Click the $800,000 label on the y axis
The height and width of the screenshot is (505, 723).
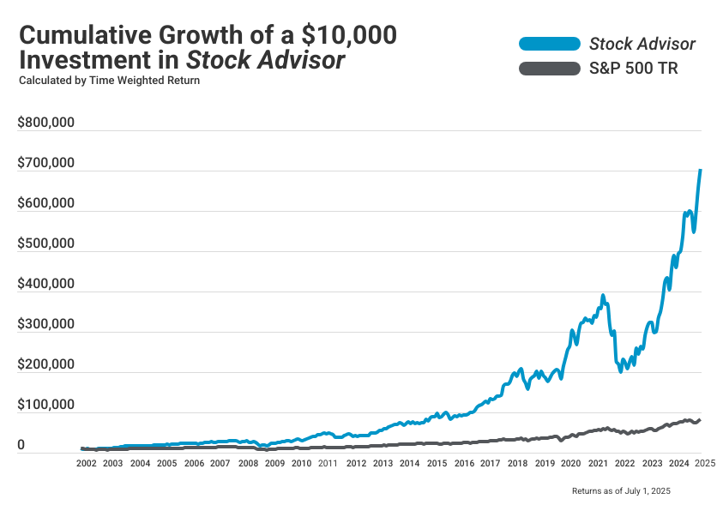[x=46, y=123]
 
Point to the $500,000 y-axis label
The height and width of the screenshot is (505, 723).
[x=46, y=243]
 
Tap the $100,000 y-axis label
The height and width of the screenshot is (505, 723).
[x=46, y=406]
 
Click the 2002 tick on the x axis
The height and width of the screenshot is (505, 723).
[x=86, y=463]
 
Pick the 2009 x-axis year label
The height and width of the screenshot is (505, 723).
[x=274, y=463]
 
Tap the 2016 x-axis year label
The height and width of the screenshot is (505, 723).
[x=463, y=463]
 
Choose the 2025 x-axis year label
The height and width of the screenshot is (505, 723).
[x=705, y=463]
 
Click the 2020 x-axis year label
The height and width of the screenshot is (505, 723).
[x=571, y=463]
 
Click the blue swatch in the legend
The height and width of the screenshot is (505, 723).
[x=549, y=44]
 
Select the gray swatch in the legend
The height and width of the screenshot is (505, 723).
[x=549, y=69]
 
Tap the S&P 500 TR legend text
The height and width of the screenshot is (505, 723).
[x=634, y=69]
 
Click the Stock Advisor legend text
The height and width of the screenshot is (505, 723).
[x=642, y=44]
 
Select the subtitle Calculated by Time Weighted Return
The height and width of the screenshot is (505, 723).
[x=109, y=81]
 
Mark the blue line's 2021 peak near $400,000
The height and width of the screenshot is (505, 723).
[x=603, y=296]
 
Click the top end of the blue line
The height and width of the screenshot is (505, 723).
[x=701, y=170]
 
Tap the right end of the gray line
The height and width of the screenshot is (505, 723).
[x=700, y=419]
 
